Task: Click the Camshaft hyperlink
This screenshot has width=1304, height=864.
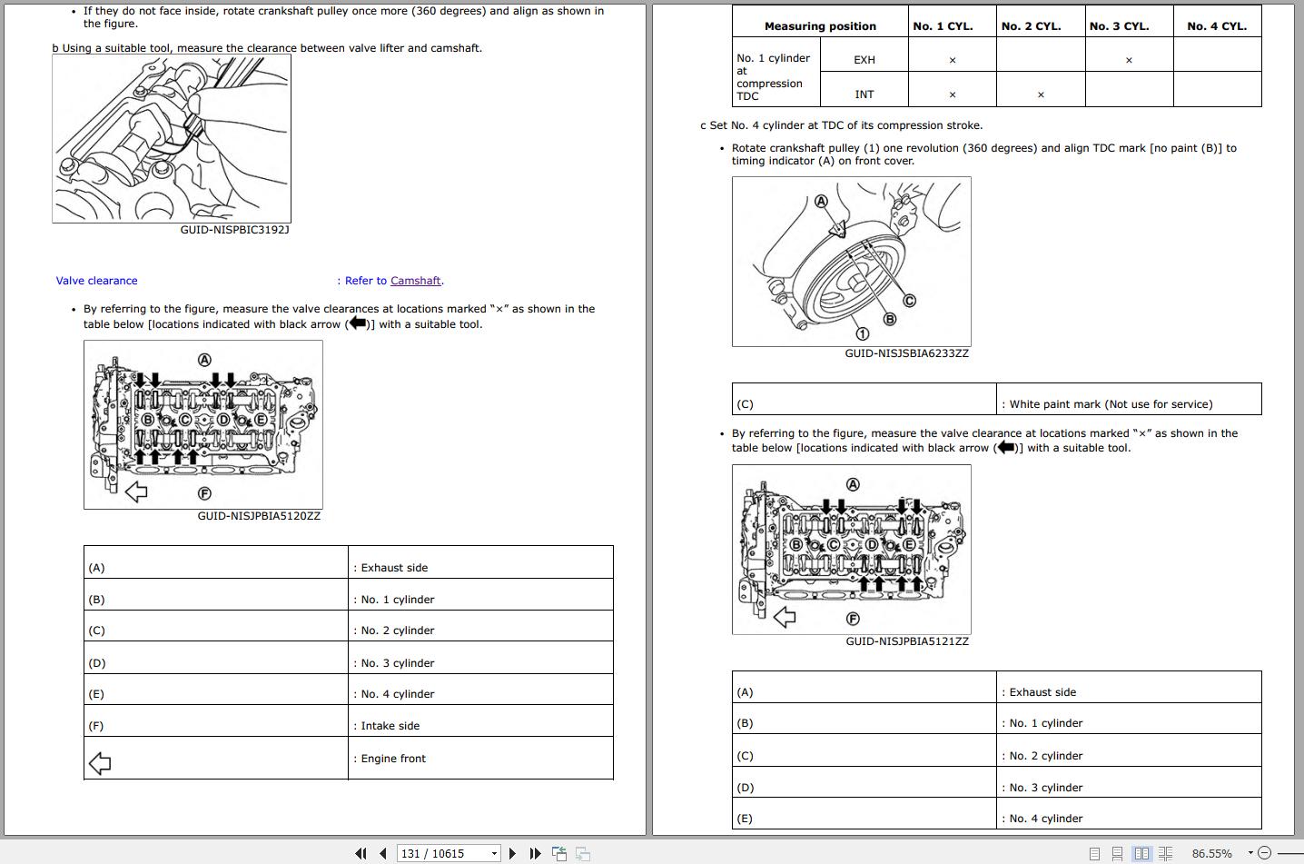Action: point(415,281)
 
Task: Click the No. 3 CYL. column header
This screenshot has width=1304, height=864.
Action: point(1119,26)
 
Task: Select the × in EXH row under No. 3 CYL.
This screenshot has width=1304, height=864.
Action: point(1129,60)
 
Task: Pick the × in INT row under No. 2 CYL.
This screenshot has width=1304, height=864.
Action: point(1041,94)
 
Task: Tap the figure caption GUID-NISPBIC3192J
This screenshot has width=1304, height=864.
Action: point(234,230)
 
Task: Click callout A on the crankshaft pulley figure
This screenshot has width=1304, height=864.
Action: point(821,201)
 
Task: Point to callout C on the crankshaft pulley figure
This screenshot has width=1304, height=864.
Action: point(909,301)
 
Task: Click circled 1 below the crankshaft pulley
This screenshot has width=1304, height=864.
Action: point(862,333)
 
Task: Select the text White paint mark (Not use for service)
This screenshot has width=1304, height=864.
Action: point(1111,404)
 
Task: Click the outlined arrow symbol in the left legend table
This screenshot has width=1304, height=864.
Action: point(100,762)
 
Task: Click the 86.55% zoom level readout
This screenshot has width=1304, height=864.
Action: point(1211,853)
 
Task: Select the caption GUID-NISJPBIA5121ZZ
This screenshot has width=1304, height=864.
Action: point(906,641)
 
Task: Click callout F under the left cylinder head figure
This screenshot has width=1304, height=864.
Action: point(204,493)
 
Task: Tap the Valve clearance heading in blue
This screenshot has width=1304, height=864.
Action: point(97,281)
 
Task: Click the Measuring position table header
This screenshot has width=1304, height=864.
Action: point(820,26)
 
